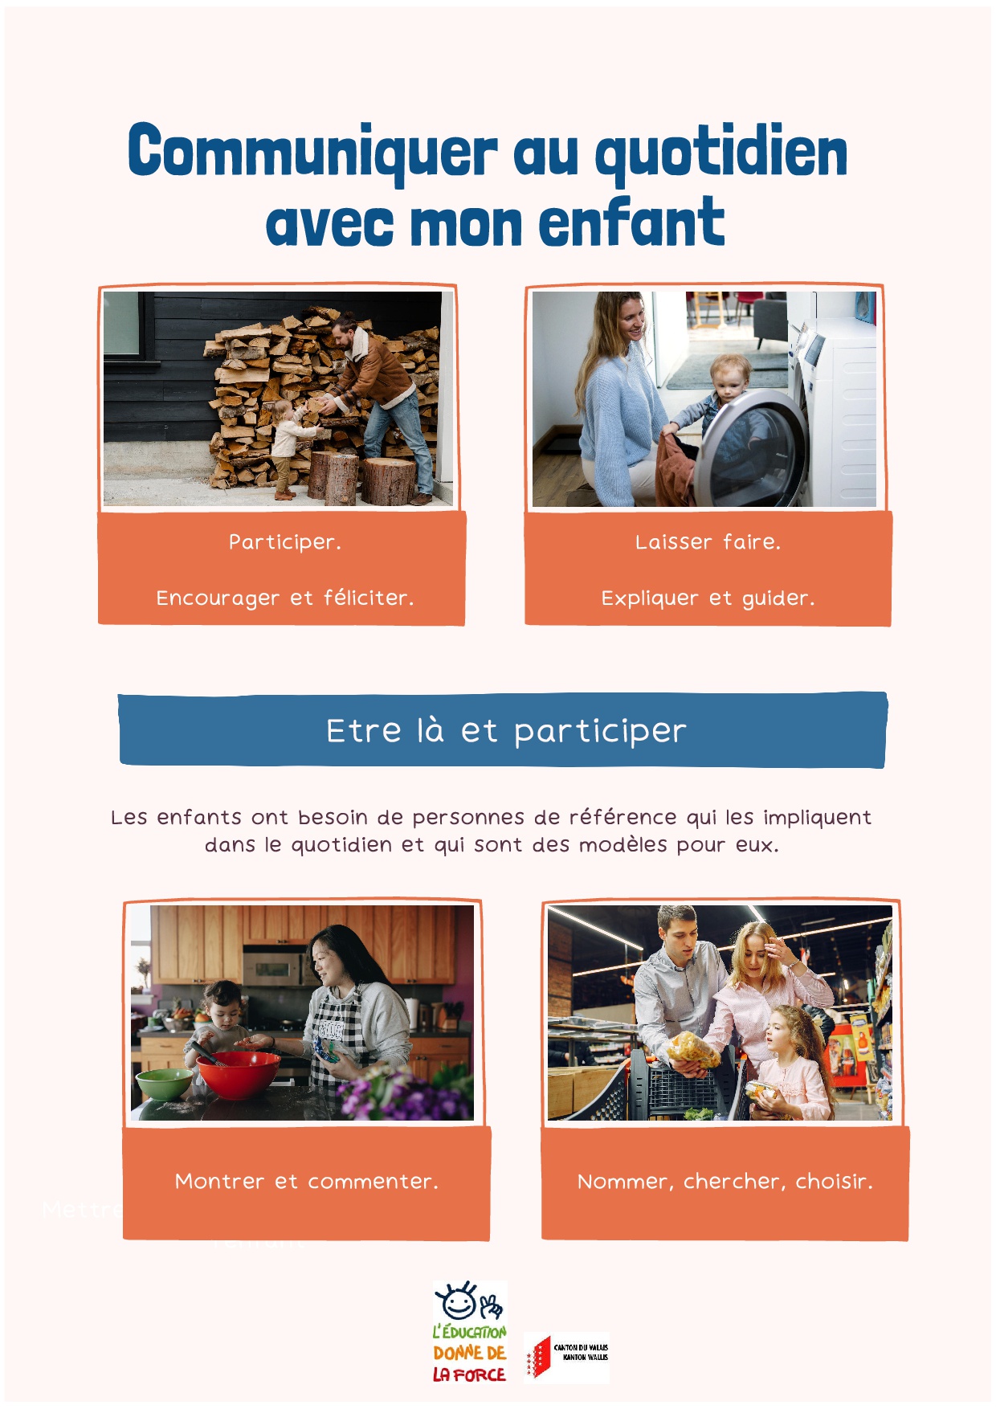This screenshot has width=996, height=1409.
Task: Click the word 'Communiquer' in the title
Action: (313, 152)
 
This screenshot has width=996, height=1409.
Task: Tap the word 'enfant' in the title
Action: (631, 222)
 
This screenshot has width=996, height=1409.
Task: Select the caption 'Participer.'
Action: (285, 542)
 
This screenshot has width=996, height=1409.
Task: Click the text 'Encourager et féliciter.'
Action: (285, 598)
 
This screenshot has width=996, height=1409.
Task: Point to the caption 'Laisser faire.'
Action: (708, 542)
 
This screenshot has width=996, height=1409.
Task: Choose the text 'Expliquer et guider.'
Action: (708, 598)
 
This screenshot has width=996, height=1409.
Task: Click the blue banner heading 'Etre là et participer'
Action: (506, 731)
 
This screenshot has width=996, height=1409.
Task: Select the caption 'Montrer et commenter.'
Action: (307, 1181)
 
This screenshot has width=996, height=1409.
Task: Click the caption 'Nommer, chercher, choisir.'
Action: (725, 1181)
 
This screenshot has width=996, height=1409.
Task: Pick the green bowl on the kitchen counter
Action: (165, 1084)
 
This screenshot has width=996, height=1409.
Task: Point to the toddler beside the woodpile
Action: (286, 450)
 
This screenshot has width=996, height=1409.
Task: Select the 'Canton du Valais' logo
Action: (567, 1357)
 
